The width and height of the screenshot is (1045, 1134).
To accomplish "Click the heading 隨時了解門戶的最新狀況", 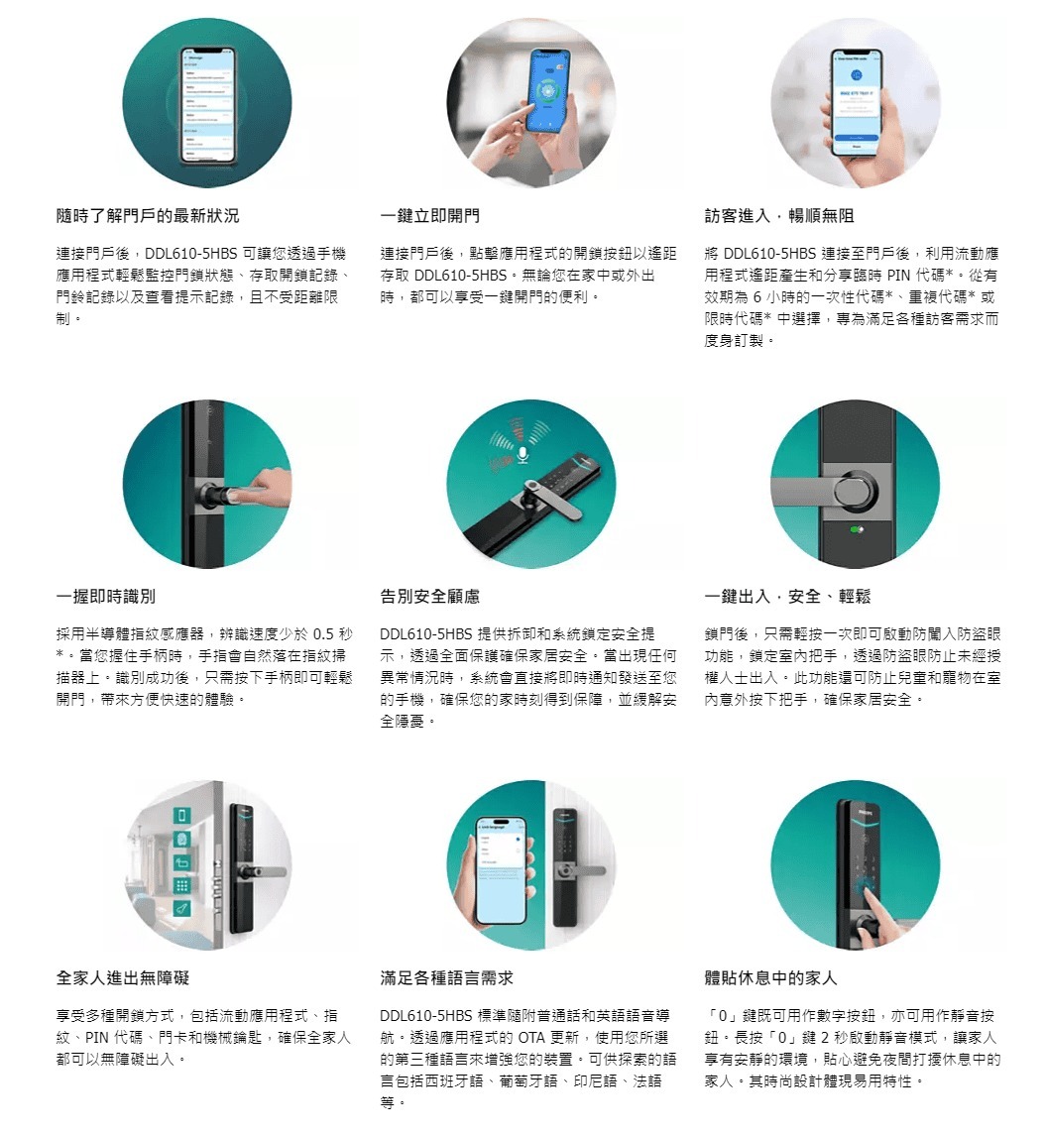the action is pyautogui.click(x=148, y=215).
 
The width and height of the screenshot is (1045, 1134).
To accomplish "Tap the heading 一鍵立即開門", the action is pyautogui.click(x=429, y=215).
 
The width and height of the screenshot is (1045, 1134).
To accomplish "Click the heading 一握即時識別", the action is pyautogui.click(x=105, y=597).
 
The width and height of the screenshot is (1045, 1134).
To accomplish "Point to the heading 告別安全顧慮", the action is pyautogui.click(x=429, y=597).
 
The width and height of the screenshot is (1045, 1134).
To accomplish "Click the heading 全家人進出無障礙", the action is pyautogui.click(x=122, y=978).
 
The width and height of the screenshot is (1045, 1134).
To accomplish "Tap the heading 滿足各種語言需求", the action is pyautogui.click(x=446, y=978).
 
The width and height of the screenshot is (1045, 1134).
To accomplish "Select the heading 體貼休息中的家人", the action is pyautogui.click(x=770, y=978).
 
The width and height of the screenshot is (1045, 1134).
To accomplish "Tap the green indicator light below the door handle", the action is pyautogui.click(x=857, y=530).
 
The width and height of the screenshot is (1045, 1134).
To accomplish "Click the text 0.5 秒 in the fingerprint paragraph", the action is pyautogui.click(x=333, y=634).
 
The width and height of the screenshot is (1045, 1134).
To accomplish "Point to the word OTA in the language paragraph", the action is pyautogui.click(x=531, y=1038).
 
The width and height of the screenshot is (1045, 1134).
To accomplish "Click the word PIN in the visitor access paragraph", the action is pyautogui.click(x=898, y=276).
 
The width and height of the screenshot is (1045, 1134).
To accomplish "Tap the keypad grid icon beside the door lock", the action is pyautogui.click(x=182, y=886).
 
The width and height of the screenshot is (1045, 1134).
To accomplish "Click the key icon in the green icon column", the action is pyautogui.click(x=182, y=909).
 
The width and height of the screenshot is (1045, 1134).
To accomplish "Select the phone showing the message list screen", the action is pyautogui.click(x=207, y=105).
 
